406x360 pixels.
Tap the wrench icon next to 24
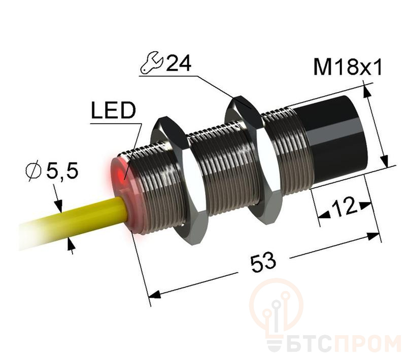pos(151,62)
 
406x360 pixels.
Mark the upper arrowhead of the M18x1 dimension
pos(367,92)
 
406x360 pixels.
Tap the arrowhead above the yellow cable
pos(59,205)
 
